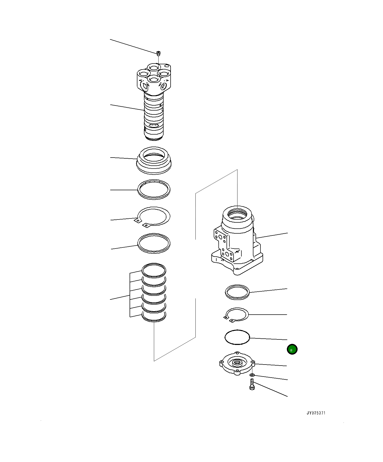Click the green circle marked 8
tap(292, 349)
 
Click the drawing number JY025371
tap(316, 413)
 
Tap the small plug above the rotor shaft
tap(158, 53)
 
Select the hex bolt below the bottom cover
tap(252, 384)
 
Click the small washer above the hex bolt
tap(252, 375)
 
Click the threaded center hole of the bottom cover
tap(237, 362)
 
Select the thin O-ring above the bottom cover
tap(237, 337)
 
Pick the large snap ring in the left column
tap(154, 216)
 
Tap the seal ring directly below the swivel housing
tap(237, 292)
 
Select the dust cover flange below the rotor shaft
tap(154, 160)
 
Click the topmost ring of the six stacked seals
tap(154, 270)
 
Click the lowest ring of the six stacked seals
tap(154, 317)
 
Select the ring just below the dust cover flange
tap(154, 189)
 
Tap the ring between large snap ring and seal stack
tap(154, 243)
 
